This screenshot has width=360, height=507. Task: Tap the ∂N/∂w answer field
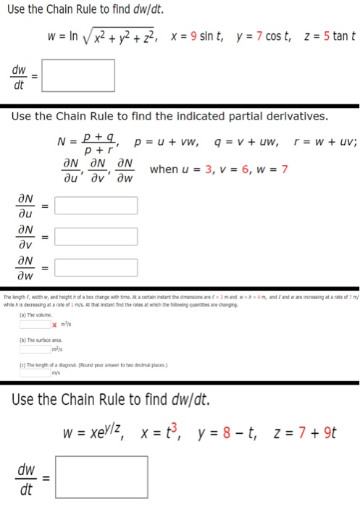(x=96, y=267)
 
